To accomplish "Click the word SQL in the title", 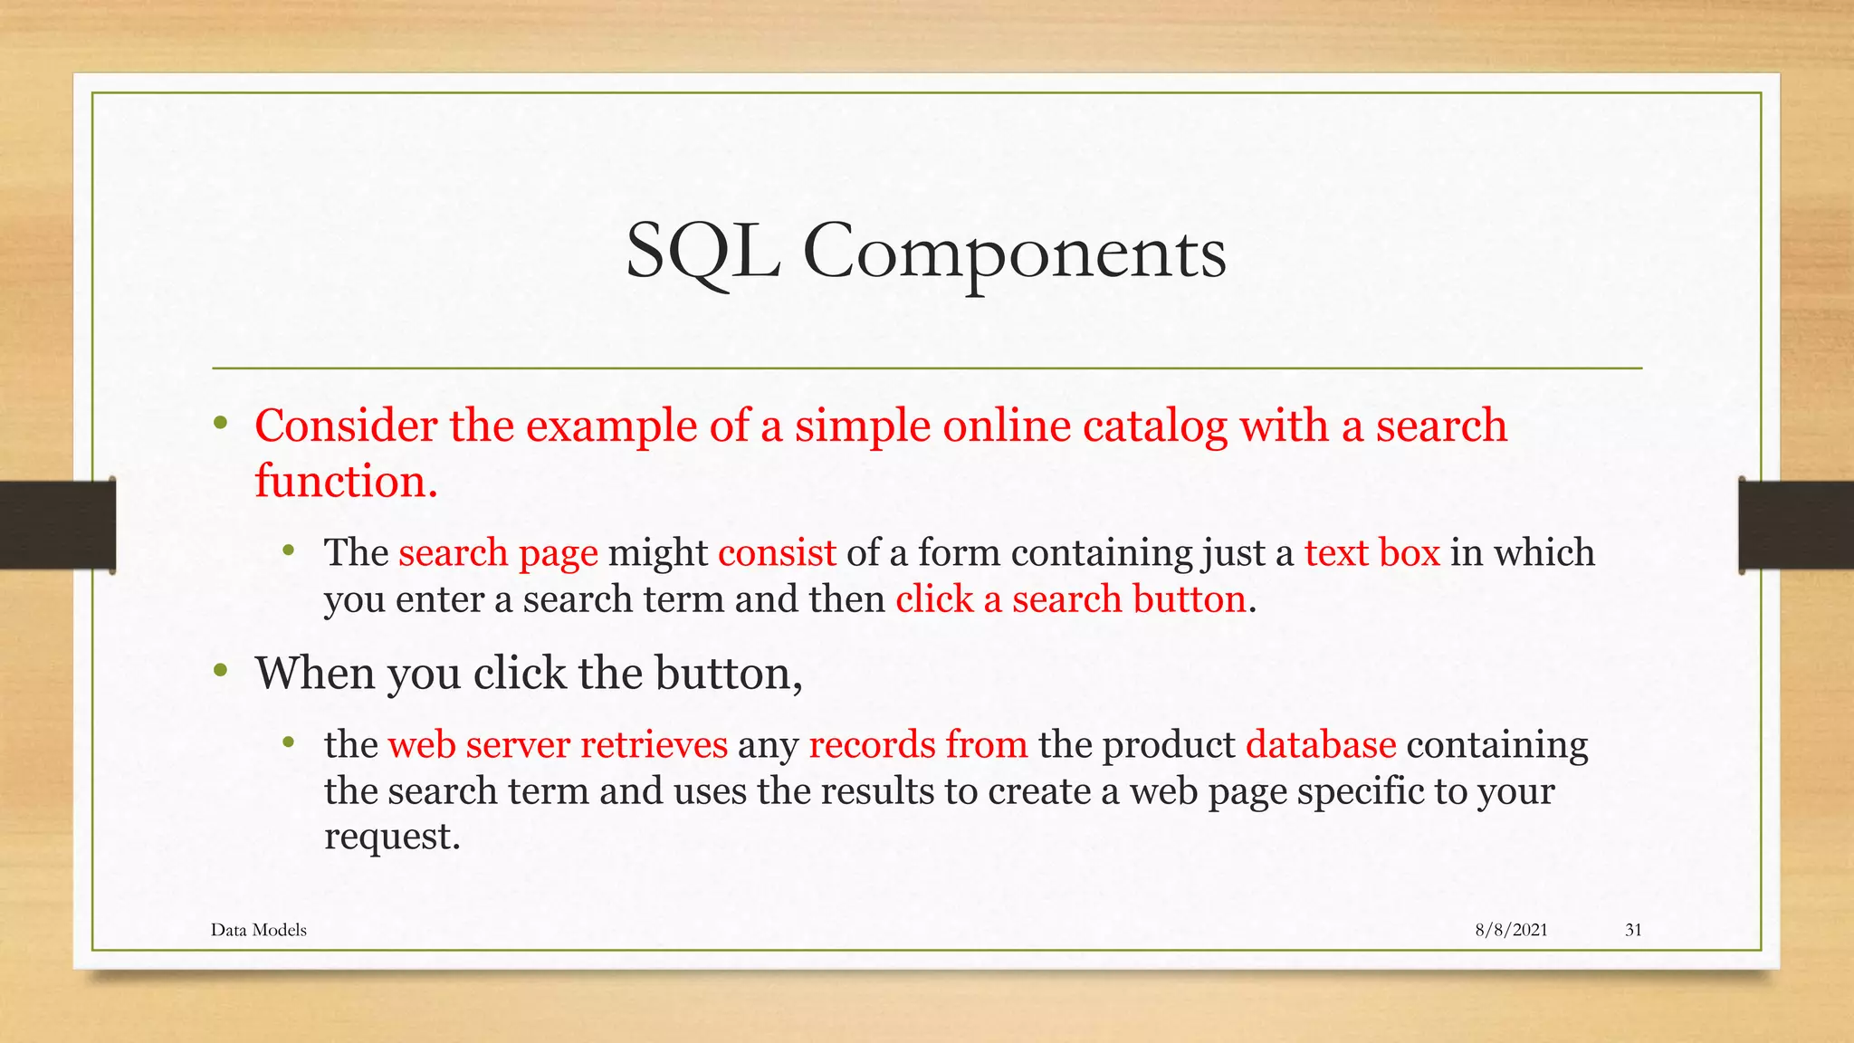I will tap(702, 253).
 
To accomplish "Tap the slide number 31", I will tap(1633, 930).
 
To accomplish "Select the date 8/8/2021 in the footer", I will tap(1511, 930).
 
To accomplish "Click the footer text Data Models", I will tap(259, 930).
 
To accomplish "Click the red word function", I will tap(345, 481).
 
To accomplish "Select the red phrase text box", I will tap(1371, 552).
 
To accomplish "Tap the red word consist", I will tap(777, 552).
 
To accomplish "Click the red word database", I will tap(1321, 744).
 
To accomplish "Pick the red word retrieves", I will tap(654, 744).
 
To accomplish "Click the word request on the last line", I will tap(391, 836).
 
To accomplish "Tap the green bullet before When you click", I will tap(220, 671).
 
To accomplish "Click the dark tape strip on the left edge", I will tap(57, 525).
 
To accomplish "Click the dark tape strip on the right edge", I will tap(1796, 525).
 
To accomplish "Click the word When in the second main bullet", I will tap(314, 674).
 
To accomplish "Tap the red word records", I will tap(872, 744).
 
